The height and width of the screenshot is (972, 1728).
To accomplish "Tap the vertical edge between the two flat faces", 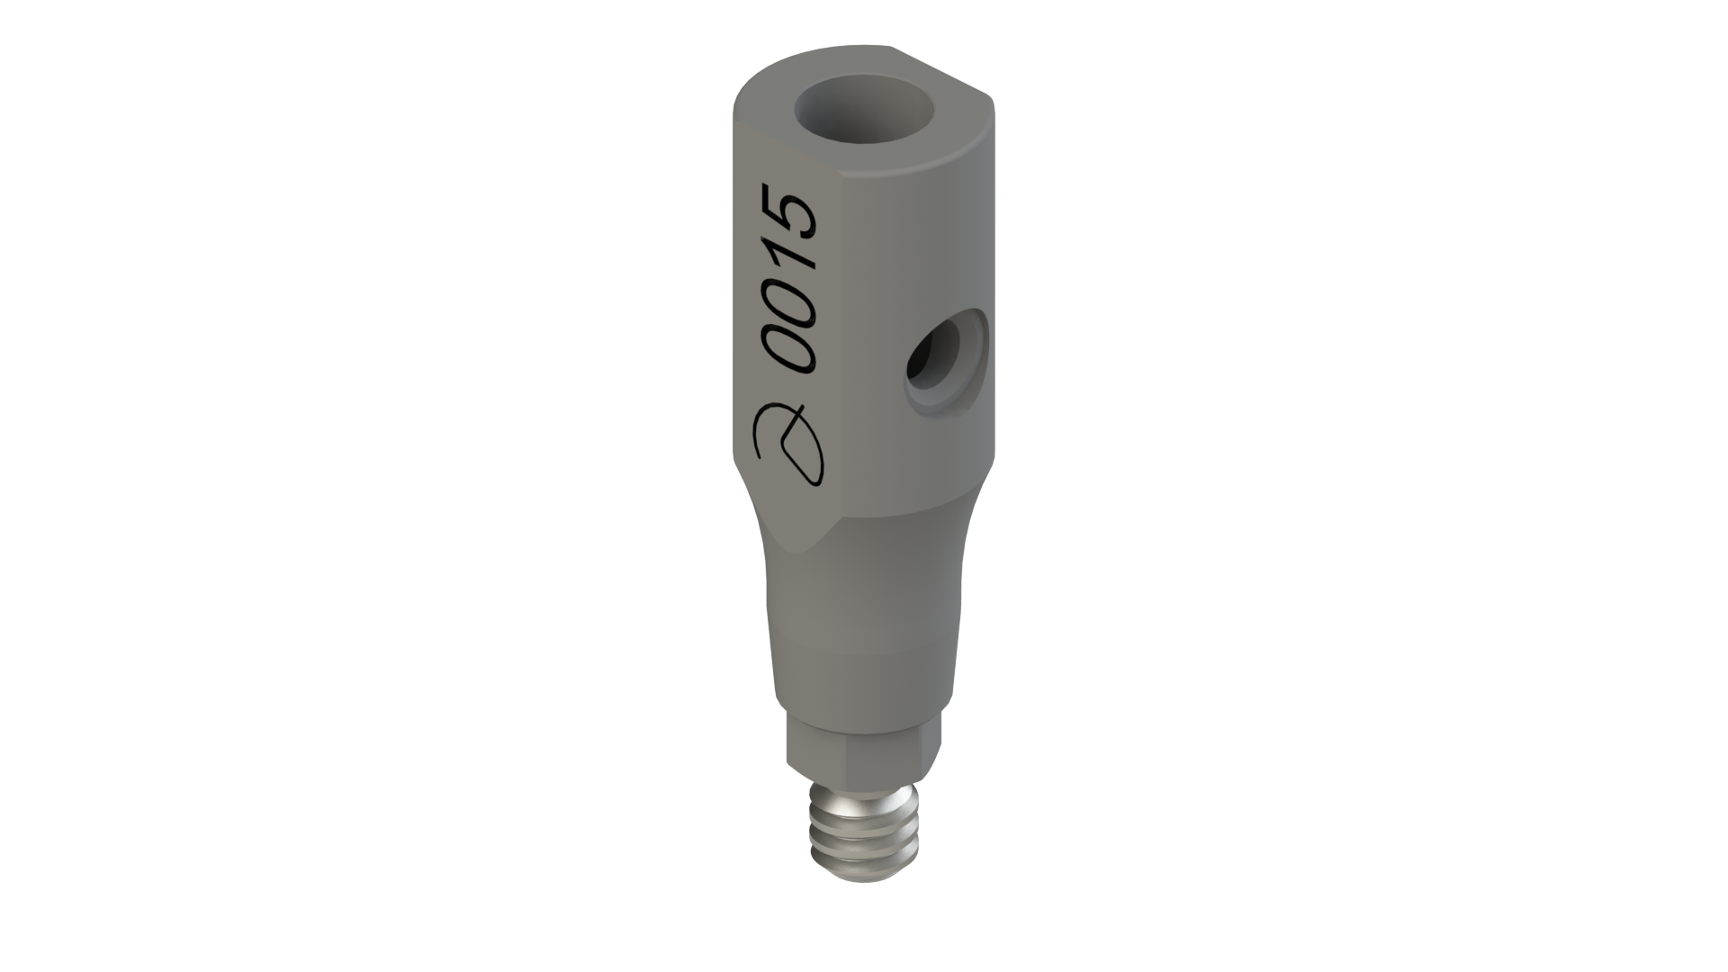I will click(x=841, y=360).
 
